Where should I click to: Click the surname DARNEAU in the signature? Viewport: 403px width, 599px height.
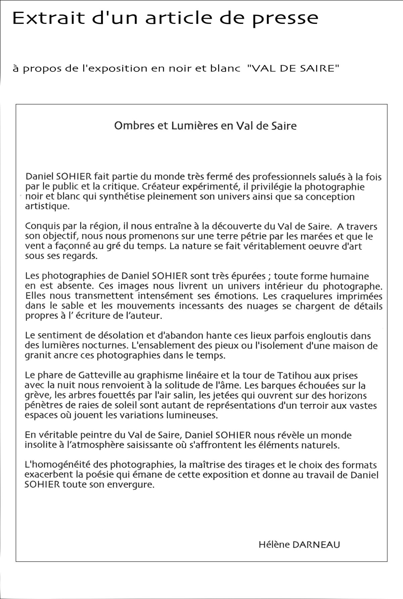point(316,544)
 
